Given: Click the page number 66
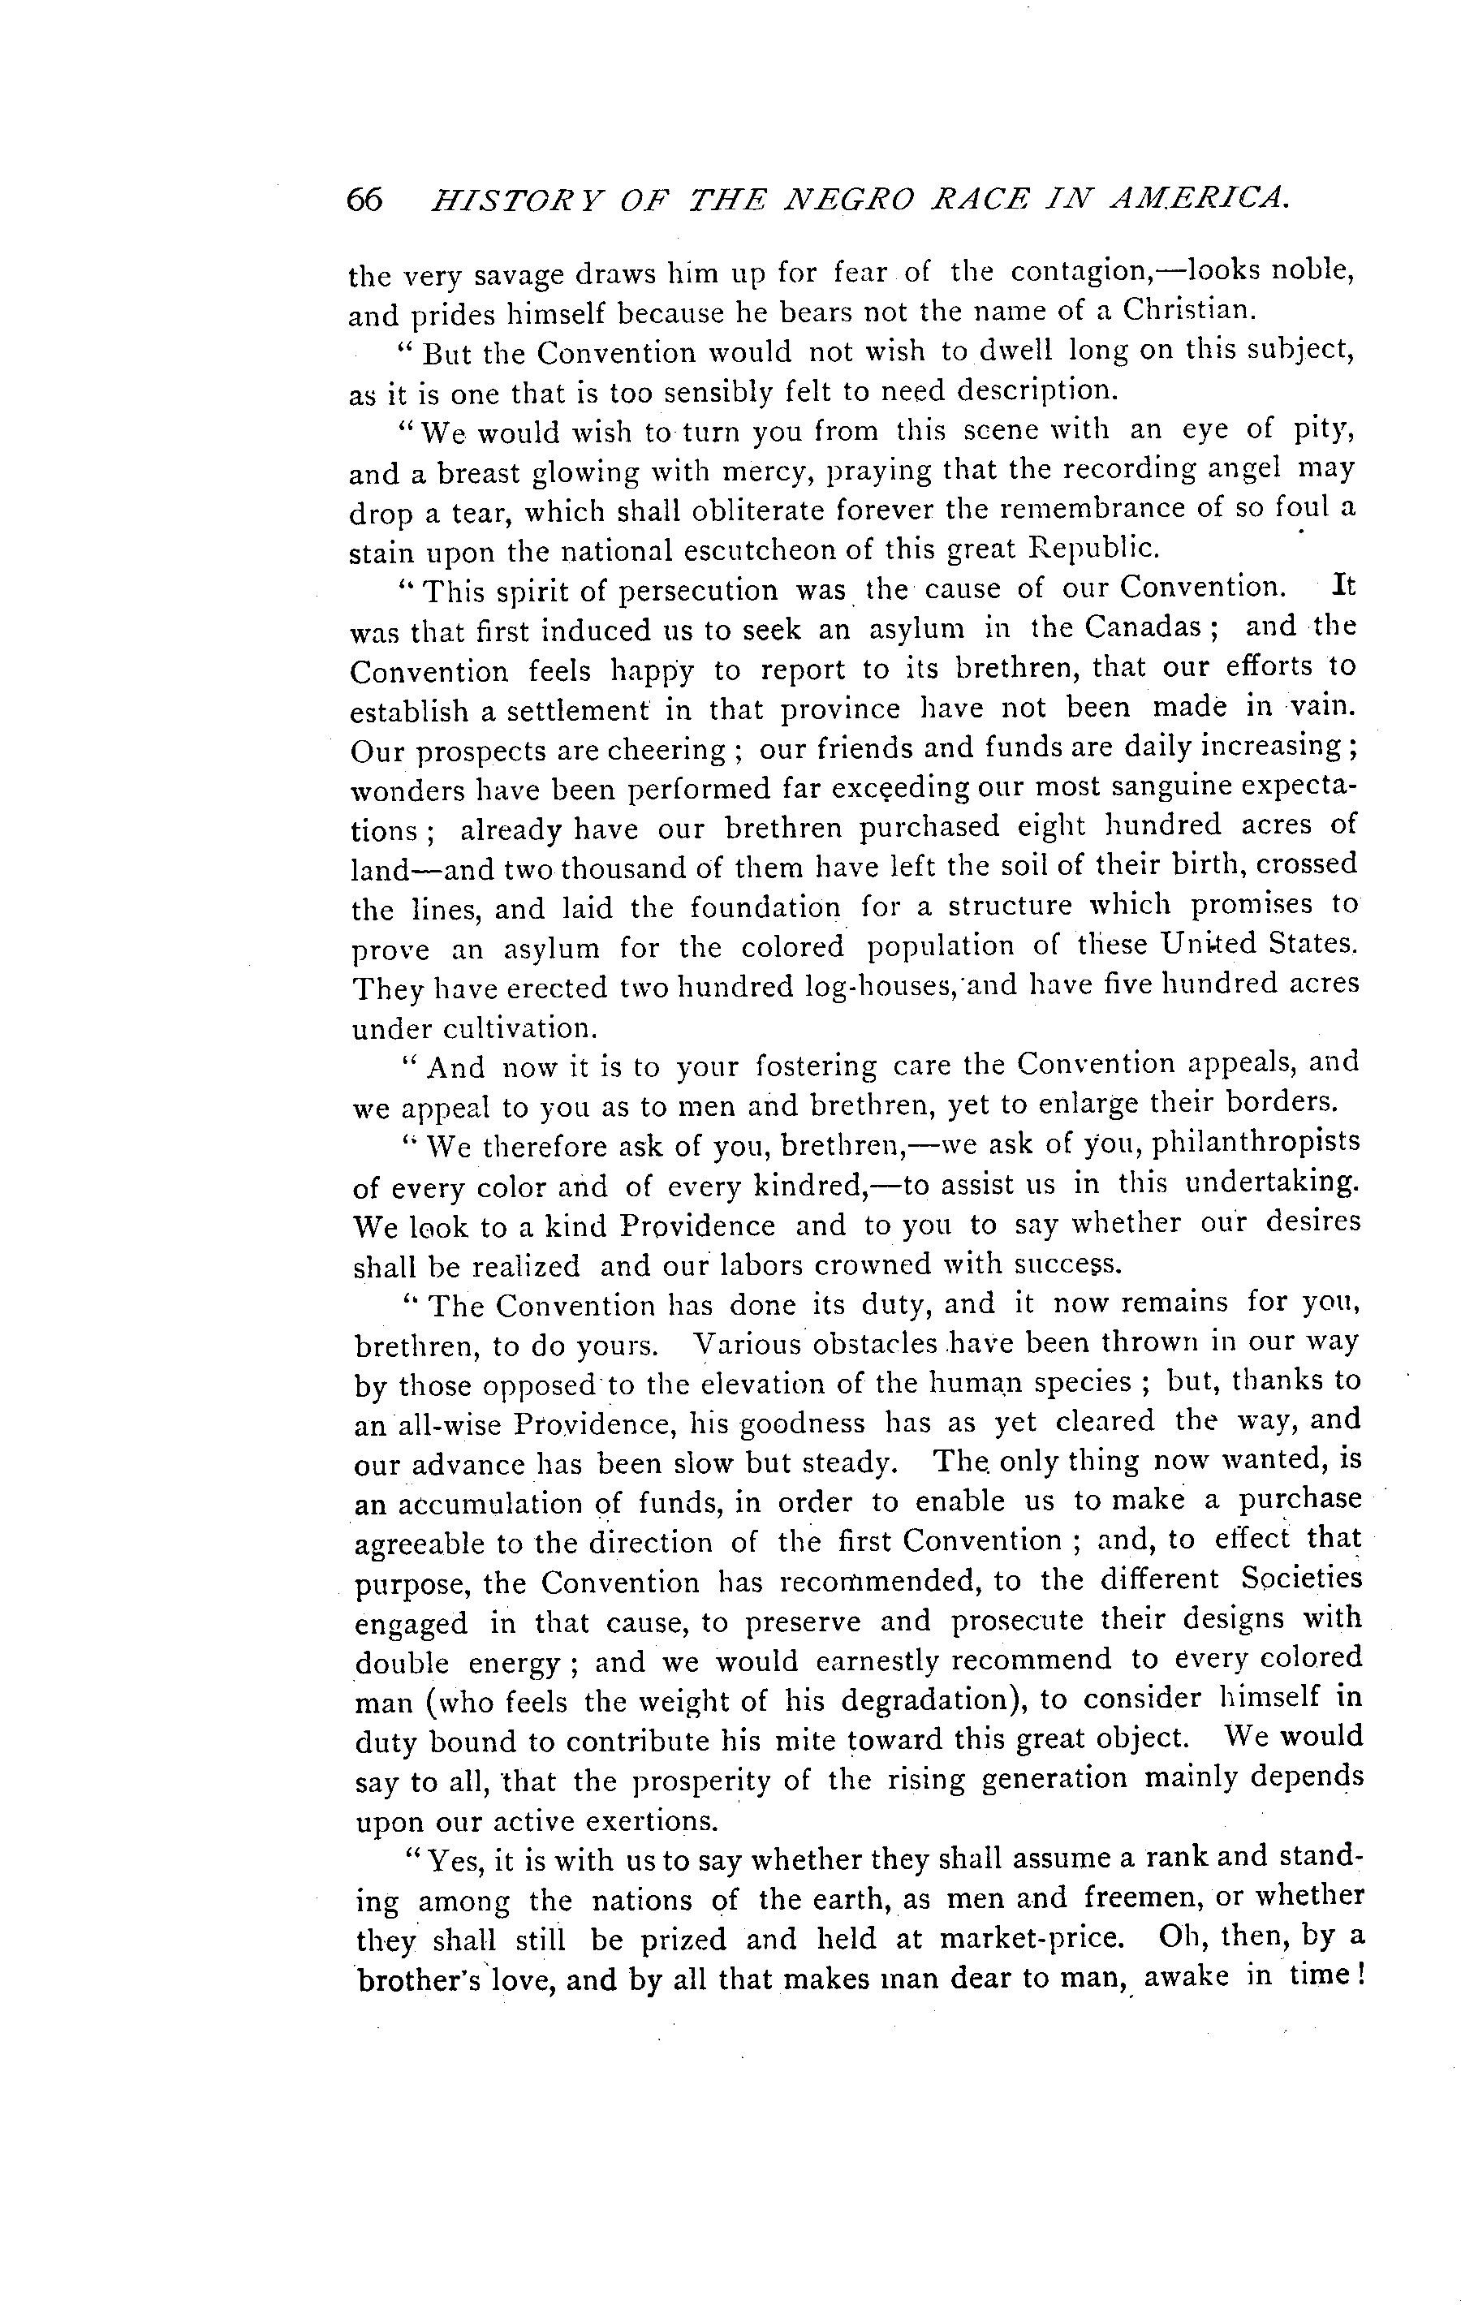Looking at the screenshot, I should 365,200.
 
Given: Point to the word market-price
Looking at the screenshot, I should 1031,1938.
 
